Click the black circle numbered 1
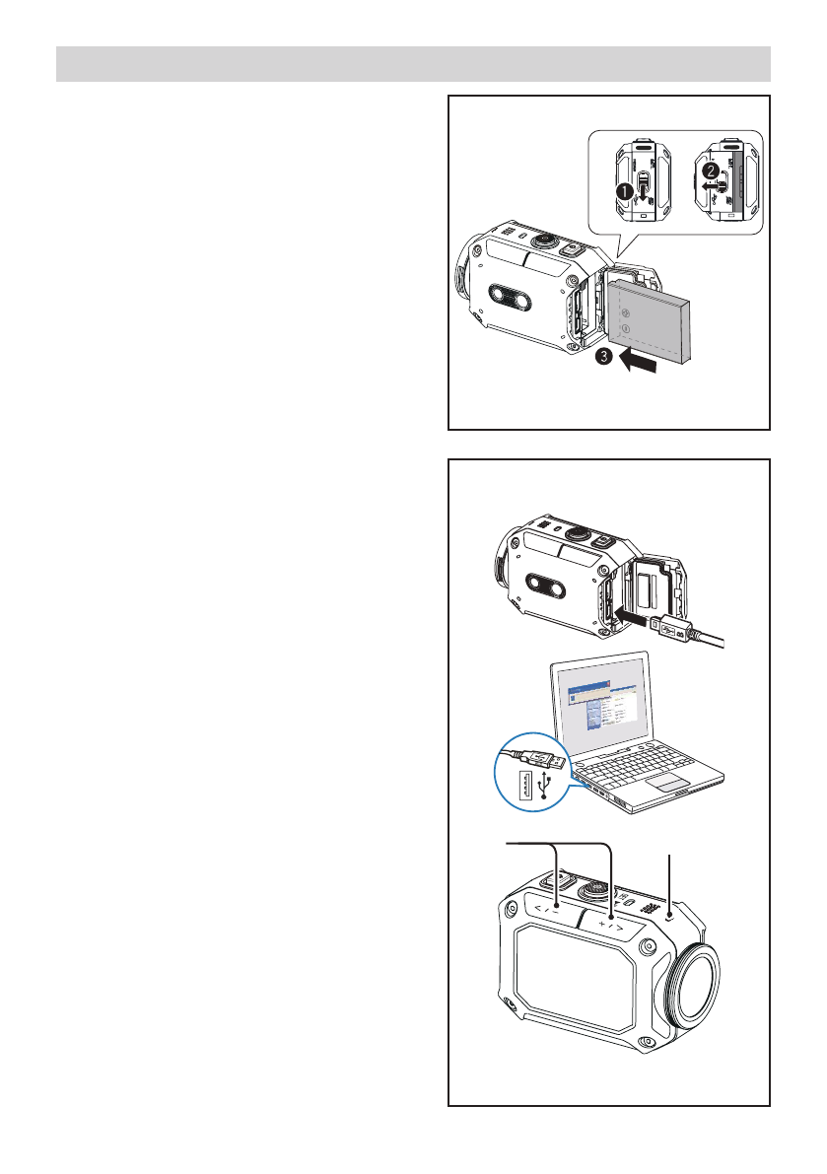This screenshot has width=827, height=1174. [x=623, y=193]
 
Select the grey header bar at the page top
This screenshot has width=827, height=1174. [x=413, y=63]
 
